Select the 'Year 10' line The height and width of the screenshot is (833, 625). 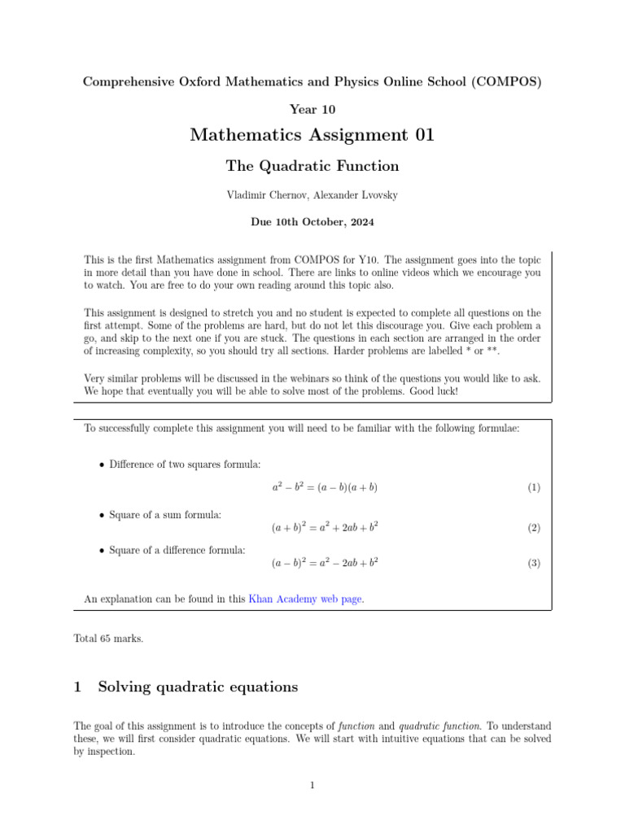click(312, 109)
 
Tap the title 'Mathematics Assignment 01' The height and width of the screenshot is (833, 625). click(312, 135)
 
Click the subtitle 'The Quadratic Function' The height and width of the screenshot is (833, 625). click(312, 167)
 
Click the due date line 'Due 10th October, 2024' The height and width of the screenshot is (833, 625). click(312, 220)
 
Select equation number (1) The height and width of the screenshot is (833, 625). click(533, 488)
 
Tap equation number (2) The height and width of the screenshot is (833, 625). click(533, 528)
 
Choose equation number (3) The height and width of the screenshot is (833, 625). click(533, 563)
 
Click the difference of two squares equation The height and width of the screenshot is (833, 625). click(325, 488)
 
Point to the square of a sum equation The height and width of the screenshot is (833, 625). click(325, 528)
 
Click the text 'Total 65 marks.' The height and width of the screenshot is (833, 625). click(108, 639)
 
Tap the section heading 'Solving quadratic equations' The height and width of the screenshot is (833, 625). click(198, 687)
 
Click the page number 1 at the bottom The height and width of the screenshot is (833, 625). click(312, 785)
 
